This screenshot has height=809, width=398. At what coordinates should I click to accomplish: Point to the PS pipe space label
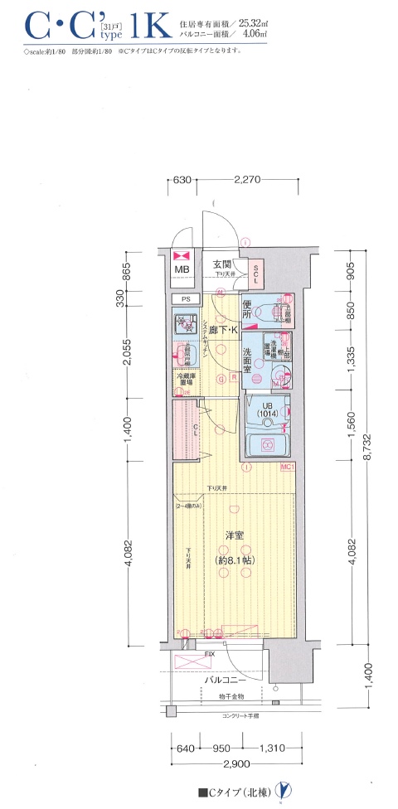pos(182,299)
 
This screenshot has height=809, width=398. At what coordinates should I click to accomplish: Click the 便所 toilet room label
pos(247,314)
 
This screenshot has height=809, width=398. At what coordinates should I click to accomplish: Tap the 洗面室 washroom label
pos(252,365)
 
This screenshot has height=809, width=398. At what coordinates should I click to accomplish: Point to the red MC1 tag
pos(288,468)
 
